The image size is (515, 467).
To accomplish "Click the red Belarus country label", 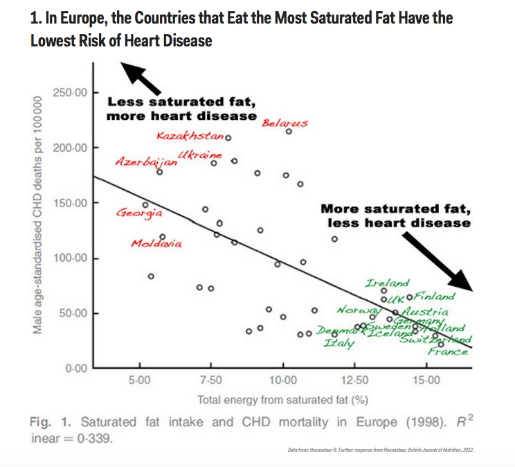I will (284, 123).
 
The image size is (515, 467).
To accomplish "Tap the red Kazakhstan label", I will (189, 135).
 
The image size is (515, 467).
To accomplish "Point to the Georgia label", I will (139, 213).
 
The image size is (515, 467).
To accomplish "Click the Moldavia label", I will (156, 244).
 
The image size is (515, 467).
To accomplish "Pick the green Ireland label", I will (388, 284).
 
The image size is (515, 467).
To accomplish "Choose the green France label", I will (448, 351).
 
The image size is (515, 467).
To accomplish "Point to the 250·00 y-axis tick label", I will (70, 93).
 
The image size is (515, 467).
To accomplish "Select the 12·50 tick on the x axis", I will (354, 380).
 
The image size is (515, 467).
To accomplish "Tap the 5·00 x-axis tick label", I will (140, 380).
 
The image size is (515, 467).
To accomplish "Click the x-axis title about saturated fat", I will (282, 399).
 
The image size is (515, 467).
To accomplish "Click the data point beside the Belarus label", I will (289, 132).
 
